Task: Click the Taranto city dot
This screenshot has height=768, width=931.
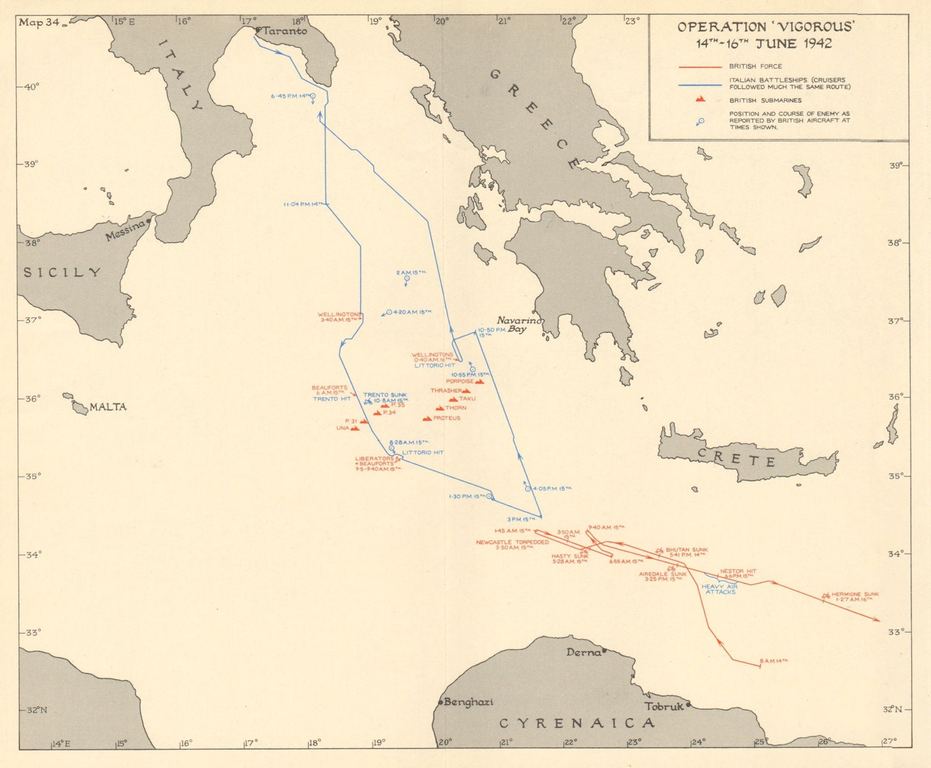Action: (x=258, y=29)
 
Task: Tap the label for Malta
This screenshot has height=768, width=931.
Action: (x=108, y=407)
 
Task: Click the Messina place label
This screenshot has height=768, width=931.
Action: (x=125, y=231)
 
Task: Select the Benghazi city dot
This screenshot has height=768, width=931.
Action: (x=440, y=702)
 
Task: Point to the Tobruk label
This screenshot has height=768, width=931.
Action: (x=663, y=706)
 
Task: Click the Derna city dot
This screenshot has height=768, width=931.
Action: (x=605, y=650)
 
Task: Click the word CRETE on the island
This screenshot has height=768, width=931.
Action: (x=736, y=458)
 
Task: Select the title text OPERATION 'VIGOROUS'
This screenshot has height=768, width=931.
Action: (x=766, y=27)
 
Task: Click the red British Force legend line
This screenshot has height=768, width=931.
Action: (x=700, y=67)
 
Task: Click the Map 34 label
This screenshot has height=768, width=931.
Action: (x=39, y=23)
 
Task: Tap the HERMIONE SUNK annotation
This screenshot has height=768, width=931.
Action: (x=855, y=594)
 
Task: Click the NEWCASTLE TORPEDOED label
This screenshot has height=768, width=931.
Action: (x=512, y=542)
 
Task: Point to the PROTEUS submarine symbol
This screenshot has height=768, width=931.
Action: (x=427, y=418)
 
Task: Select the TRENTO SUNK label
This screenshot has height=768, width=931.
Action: (x=385, y=395)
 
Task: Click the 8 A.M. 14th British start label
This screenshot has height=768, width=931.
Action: (x=774, y=661)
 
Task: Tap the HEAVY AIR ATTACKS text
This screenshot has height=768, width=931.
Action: (x=720, y=589)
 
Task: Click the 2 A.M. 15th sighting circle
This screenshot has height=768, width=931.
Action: (x=406, y=279)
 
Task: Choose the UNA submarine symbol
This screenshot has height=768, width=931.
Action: (x=355, y=428)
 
